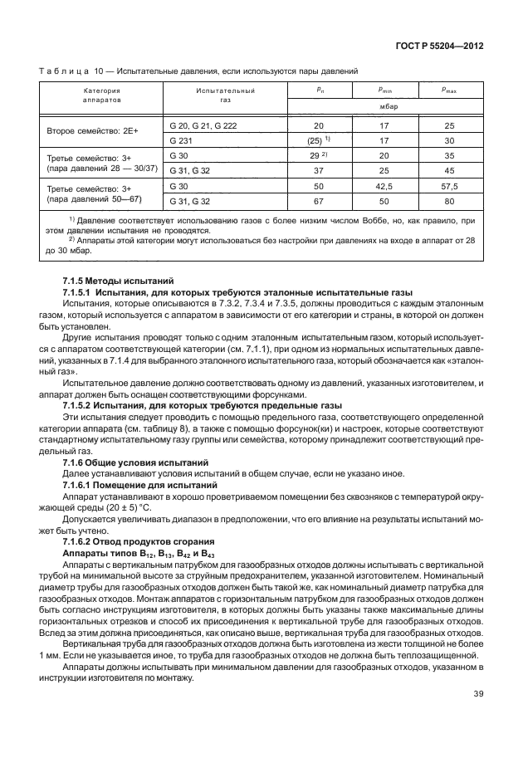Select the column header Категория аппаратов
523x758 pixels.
tap(101, 93)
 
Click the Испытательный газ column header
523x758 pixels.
tap(225, 93)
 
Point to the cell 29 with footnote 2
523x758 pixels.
tap(319, 155)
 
